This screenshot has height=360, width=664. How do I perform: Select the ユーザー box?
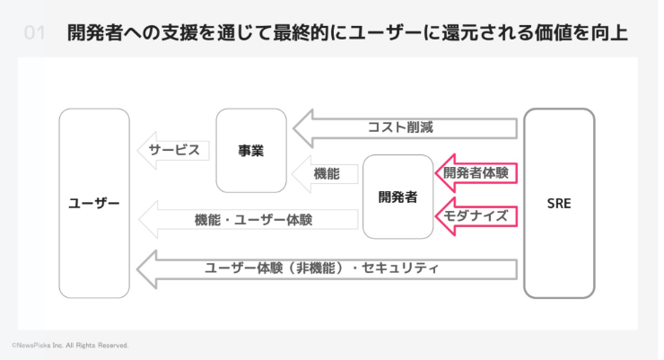(x=94, y=204)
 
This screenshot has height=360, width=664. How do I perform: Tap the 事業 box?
(x=251, y=151)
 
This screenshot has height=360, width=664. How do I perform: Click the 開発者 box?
(x=398, y=197)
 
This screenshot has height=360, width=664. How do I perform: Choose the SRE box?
(x=559, y=204)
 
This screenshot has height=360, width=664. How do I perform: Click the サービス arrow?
(x=172, y=150)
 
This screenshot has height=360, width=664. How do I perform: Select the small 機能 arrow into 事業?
(x=323, y=173)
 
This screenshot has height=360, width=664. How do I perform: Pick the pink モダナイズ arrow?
(x=476, y=215)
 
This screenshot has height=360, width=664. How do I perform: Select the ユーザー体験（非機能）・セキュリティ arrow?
(x=323, y=268)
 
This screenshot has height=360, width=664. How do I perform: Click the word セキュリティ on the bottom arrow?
(x=404, y=268)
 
